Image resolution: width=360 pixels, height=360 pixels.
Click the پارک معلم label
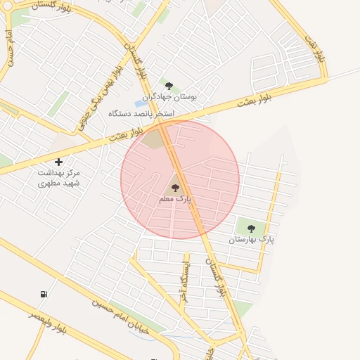point(175,200)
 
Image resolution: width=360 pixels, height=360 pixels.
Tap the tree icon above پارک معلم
point(175,188)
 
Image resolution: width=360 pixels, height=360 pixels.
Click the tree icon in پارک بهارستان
point(251,228)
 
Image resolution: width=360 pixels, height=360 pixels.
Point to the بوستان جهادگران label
point(169,97)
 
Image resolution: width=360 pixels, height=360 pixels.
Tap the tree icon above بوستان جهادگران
point(169,86)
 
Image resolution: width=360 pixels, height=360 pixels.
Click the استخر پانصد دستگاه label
point(141,113)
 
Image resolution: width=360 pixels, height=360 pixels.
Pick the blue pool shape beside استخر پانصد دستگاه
point(141,103)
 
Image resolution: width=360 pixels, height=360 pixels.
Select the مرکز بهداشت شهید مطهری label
point(59,177)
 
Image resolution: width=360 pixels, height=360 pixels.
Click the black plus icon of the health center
point(58,162)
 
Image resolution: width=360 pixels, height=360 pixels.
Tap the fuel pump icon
point(44,294)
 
